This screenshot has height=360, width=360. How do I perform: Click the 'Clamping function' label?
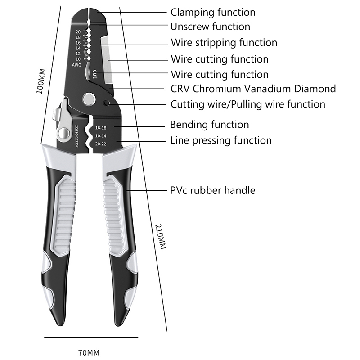coord(212,12)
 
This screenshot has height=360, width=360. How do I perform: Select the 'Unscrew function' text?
coord(210,27)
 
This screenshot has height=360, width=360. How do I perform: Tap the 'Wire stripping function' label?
coord(224,43)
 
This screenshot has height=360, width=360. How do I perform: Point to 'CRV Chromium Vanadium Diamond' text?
coord(253,89)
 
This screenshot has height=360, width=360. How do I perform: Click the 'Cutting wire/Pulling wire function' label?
coord(247,104)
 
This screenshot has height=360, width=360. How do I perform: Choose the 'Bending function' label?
coord(209,124)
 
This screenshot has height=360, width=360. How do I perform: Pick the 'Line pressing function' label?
coord(220,140)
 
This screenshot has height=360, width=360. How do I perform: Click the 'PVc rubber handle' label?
coord(212,190)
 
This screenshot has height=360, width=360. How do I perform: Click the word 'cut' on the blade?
coord(95,72)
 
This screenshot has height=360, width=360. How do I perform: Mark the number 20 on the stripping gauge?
coord(78,32)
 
